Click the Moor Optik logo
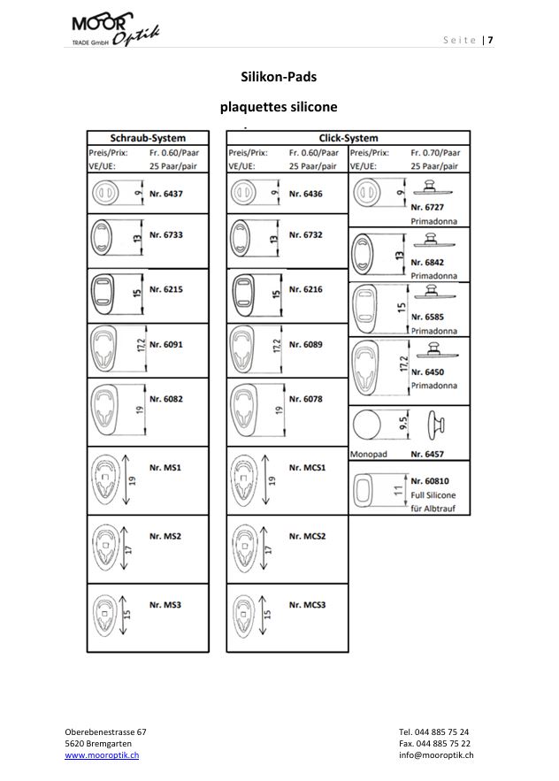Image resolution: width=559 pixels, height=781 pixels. point(115,30)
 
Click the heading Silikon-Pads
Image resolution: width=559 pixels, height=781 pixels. point(279,77)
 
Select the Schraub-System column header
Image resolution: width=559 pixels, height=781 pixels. point(147,139)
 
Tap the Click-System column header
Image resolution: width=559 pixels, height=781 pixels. point(348,139)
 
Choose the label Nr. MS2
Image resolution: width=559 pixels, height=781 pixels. point(165,536)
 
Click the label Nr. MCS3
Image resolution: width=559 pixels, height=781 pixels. point(308,605)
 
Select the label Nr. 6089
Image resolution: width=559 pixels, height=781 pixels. point(306,344)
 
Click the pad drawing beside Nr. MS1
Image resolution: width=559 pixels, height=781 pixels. point(108,481)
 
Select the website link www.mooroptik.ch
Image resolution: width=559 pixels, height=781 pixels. point(102,755)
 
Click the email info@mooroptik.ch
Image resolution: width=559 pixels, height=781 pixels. point(435,755)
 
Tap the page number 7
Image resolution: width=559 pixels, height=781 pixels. point(491,40)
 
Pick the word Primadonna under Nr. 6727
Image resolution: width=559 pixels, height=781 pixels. point(433,221)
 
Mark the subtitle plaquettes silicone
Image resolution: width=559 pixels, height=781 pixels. point(279,107)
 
